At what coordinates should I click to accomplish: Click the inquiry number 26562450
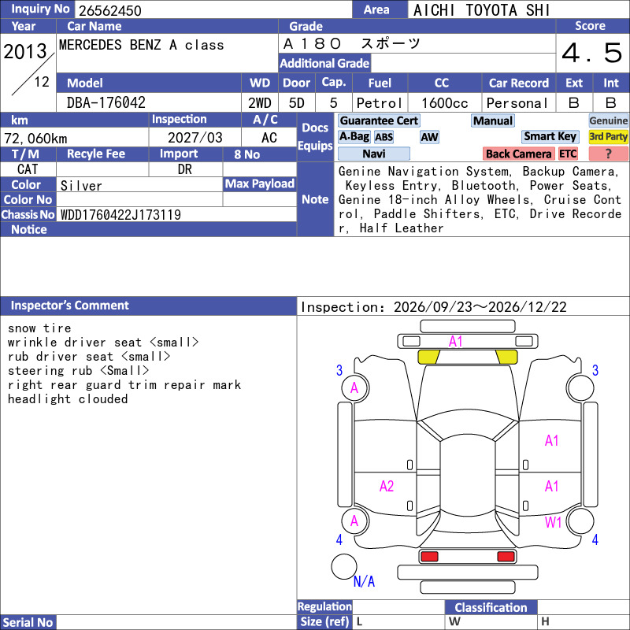click(110, 10)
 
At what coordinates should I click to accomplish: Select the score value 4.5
click(592, 53)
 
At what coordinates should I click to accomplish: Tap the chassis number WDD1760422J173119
click(120, 215)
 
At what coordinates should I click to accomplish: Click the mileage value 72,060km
click(35, 139)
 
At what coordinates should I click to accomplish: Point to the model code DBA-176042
click(106, 103)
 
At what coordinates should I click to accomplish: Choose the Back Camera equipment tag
click(518, 154)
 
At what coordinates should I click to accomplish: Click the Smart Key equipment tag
click(550, 136)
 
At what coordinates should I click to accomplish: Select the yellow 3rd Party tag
click(608, 136)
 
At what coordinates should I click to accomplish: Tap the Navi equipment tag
click(373, 154)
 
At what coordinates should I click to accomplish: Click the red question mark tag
click(608, 154)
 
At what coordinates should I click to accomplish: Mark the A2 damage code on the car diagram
click(387, 487)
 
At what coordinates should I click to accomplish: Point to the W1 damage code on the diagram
click(554, 522)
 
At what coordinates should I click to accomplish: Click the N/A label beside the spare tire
click(364, 581)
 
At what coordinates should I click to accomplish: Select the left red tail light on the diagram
click(429, 557)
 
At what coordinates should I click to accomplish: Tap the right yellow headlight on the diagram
click(507, 357)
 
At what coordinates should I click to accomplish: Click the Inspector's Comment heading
click(70, 306)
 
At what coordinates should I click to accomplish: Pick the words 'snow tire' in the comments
click(39, 328)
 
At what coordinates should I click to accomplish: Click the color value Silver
click(81, 186)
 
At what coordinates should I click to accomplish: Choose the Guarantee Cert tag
click(379, 120)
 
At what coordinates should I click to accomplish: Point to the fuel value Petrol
click(380, 103)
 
